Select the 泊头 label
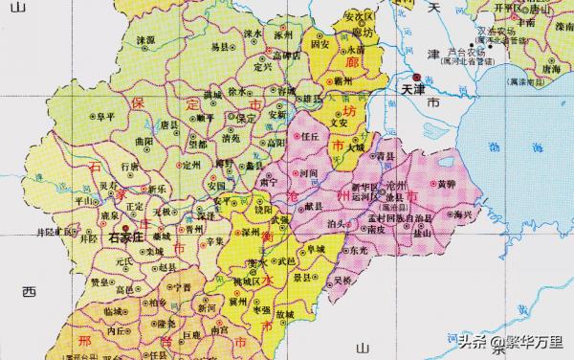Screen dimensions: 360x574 337,222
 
